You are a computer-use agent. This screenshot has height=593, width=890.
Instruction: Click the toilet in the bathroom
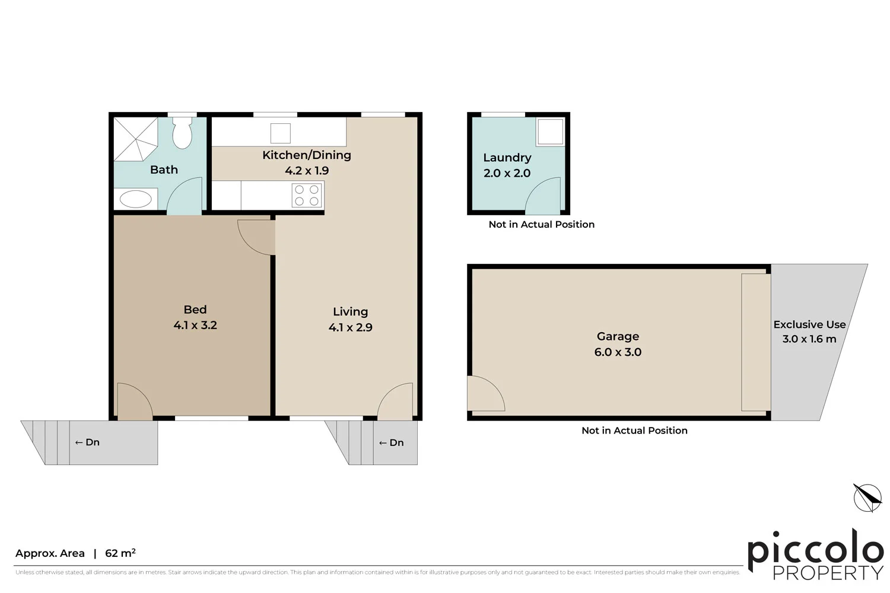coord(182,133)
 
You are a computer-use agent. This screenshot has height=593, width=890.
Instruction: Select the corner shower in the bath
coord(135,139)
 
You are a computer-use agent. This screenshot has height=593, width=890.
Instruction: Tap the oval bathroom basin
coord(136,199)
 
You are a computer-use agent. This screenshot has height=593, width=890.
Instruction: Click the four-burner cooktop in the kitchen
coord(307,196)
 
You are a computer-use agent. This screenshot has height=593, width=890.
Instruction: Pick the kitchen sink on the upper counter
coord(281,133)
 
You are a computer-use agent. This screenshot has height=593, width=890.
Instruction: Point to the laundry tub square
coord(550,132)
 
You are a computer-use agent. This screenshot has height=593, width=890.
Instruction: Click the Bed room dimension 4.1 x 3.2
coord(195,325)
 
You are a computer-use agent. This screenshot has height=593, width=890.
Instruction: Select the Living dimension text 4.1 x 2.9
coord(350,327)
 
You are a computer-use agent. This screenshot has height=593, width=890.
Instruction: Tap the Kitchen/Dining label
coord(307,155)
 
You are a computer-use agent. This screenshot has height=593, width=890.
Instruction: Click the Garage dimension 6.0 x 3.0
coord(618,352)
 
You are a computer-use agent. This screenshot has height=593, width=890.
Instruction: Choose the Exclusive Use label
coord(809,324)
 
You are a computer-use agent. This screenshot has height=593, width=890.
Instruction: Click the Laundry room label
coord(507,158)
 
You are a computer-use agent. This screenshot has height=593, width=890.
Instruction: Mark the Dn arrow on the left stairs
coord(87,442)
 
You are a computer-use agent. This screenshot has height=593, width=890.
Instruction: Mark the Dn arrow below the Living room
coord(391,443)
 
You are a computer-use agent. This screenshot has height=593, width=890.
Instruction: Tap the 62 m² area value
coord(120,553)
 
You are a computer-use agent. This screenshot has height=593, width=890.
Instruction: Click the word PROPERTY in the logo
coord(828,573)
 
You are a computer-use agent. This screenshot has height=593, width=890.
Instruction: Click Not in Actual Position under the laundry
coord(541,224)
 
